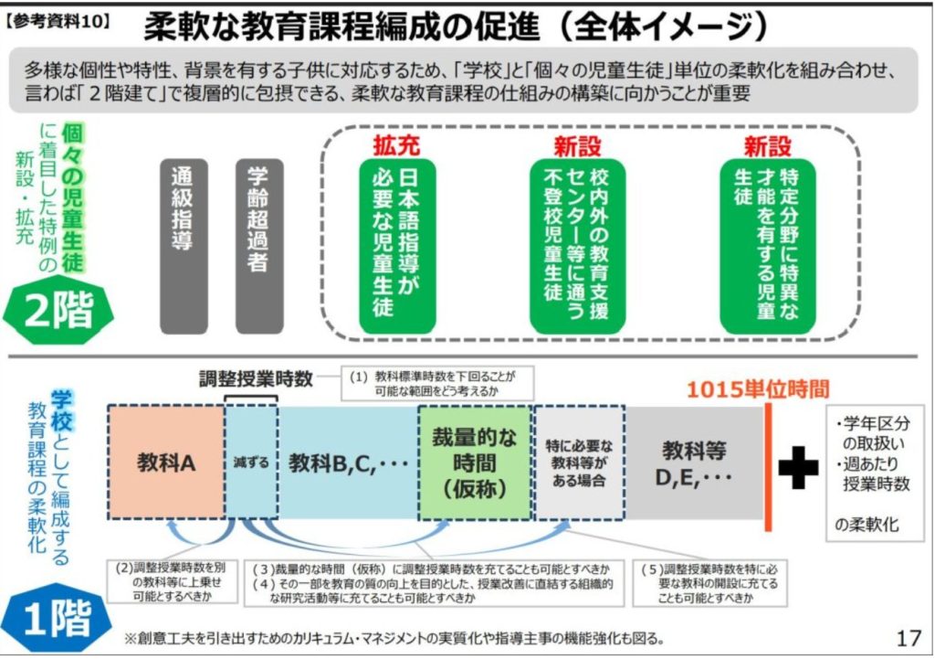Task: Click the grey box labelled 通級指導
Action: [x=184, y=246]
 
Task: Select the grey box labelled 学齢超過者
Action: [x=258, y=246]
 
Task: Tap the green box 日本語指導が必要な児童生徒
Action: [x=397, y=246]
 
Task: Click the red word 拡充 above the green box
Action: [x=396, y=145]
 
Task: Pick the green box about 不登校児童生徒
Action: [x=577, y=246]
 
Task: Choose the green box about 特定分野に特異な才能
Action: [x=767, y=246]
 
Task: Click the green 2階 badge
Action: [x=58, y=311]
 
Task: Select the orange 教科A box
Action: [x=166, y=462]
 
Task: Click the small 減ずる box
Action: [x=251, y=462]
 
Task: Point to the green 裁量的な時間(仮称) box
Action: [x=475, y=462]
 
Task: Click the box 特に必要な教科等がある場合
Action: [x=579, y=462]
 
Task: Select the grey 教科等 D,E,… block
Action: [x=694, y=462]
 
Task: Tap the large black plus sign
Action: [x=798, y=467]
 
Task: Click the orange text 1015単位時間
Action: [x=758, y=389]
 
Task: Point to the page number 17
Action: [x=909, y=638]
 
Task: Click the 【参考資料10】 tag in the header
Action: [x=58, y=23]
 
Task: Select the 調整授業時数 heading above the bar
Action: [x=256, y=378]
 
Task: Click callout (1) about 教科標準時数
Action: [x=437, y=383]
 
